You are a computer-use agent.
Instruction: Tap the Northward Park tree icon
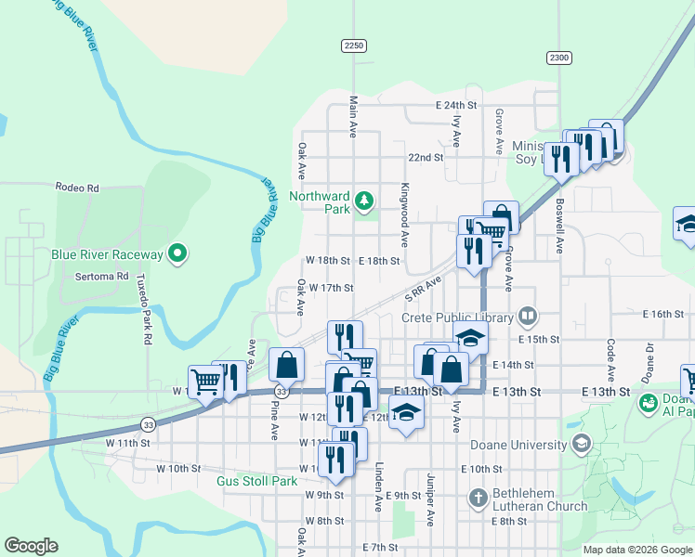coord(366,199)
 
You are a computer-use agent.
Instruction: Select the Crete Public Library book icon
coord(528,317)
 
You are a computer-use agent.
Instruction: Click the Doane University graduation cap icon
coord(583,442)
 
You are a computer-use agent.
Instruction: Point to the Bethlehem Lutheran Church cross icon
coord(479,498)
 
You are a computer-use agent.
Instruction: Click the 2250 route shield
coord(354,45)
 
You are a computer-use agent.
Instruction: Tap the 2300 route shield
coord(558,58)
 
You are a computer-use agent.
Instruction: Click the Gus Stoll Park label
coord(256,481)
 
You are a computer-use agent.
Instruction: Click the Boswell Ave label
coord(559,225)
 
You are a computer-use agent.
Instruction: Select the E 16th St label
coord(663,315)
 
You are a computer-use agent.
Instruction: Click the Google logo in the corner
coord(31,545)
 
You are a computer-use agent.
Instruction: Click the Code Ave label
coord(610,359)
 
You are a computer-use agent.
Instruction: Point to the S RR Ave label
coord(422,288)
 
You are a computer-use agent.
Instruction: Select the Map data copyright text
coord(637,550)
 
